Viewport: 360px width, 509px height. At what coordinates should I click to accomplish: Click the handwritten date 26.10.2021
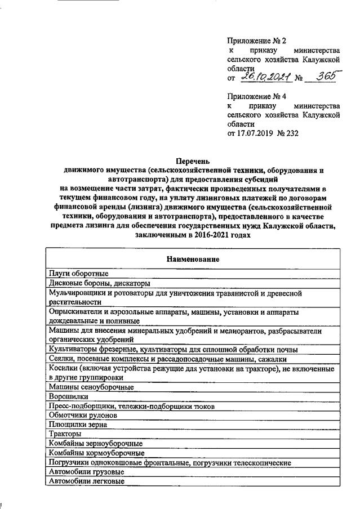[x=264, y=78]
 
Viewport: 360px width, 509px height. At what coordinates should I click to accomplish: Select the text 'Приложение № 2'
[x=256, y=41]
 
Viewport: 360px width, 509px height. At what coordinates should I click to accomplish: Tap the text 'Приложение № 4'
[x=256, y=96]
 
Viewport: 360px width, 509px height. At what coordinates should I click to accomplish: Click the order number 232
[x=291, y=133]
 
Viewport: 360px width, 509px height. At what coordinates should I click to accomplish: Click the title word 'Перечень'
[x=192, y=161]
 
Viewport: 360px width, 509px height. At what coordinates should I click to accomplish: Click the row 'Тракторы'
[x=65, y=434]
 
